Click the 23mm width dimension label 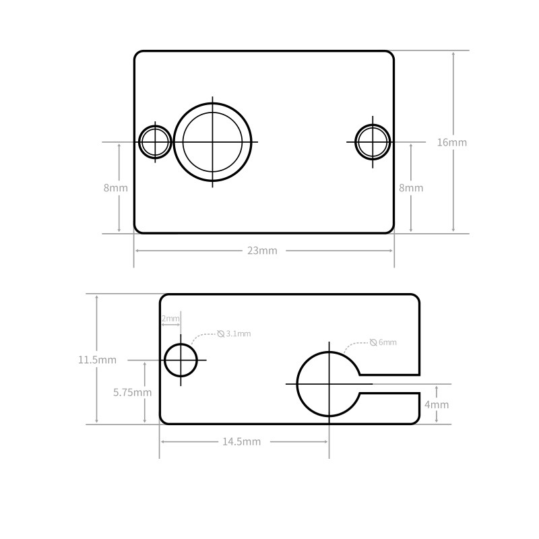pyautogui.click(x=262, y=251)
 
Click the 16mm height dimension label pyautogui.click(x=451, y=142)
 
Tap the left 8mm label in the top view pyautogui.click(x=115, y=188)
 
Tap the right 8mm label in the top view pyautogui.click(x=411, y=188)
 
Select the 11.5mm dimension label pyautogui.click(x=97, y=360)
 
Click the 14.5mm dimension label pyautogui.click(x=241, y=442)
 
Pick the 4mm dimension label pyautogui.click(x=436, y=405)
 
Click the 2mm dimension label pyautogui.click(x=170, y=319)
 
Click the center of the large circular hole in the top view pyautogui.click(x=212, y=142)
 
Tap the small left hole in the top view pyautogui.click(x=155, y=142)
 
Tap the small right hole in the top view pyautogui.click(x=373, y=142)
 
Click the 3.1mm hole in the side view pyautogui.click(x=181, y=360)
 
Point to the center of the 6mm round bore pyautogui.click(x=329, y=383)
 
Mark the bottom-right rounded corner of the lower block pyautogui.click(x=414, y=420)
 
